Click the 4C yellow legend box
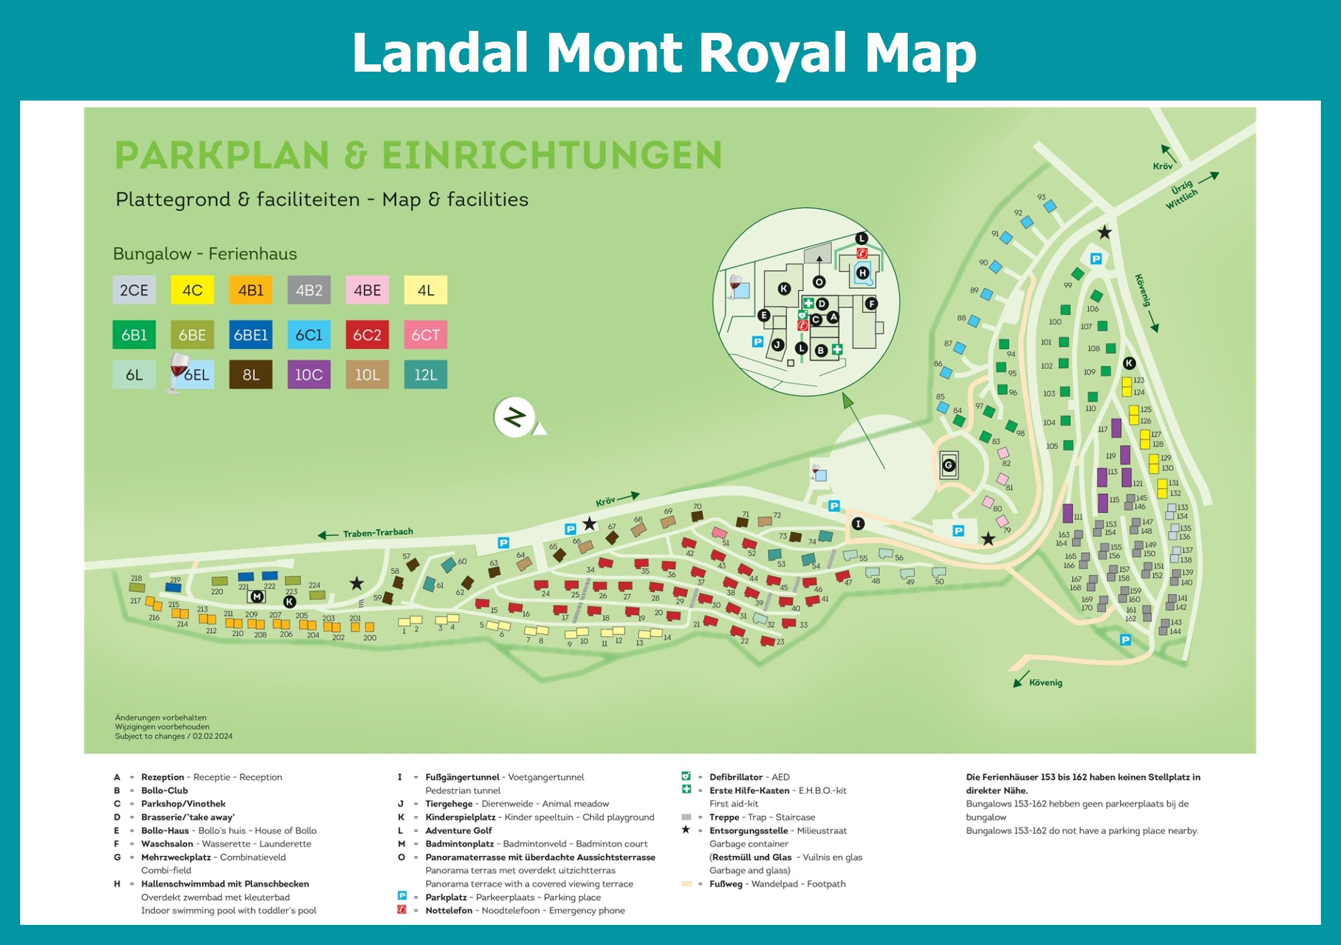[192, 290]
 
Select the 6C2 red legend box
[367, 334]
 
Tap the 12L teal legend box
[426, 375]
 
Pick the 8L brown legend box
[251, 375]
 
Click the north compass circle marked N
[515, 417]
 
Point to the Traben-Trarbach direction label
[377, 533]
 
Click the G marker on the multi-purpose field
[949, 465]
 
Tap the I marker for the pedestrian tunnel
[858, 523]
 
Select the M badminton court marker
[256, 596]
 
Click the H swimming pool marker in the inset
[862, 273]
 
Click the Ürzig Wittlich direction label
[1181, 194]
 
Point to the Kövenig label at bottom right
[1045, 683]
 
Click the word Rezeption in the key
[162, 777]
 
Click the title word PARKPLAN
[222, 155]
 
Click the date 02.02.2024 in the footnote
[213, 736]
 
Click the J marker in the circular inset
[778, 344]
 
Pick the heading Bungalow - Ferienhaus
[205, 254]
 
